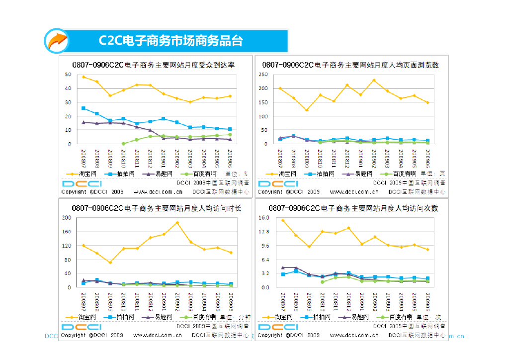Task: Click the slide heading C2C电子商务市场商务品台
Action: click(x=170, y=41)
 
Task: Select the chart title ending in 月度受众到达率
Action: click(x=154, y=65)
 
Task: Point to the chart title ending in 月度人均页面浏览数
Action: click(x=350, y=65)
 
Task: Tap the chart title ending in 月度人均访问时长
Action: click(x=156, y=208)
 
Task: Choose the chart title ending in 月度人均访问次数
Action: click(x=353, y=208)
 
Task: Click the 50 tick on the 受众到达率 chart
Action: click(x=68, y=75)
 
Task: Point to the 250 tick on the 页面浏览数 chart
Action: click(x=263, y=75)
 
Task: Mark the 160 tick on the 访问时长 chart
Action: click(x=66, y=232)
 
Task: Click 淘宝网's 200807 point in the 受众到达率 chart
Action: click(x=84, y=77)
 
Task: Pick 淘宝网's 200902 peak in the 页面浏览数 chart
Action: click(x=374, y=81)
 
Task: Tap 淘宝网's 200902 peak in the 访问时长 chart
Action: click(x=177, y=223)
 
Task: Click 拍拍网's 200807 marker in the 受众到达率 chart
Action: click(x=84, y=108)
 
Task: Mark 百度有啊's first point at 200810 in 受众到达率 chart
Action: click(x=123, y=144)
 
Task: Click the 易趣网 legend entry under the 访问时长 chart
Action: click(x=158, y=317)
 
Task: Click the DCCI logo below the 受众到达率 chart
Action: click(x=82, y=183)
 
